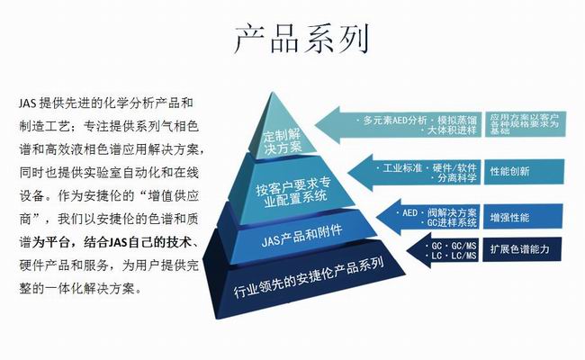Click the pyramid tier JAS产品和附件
(289, 238)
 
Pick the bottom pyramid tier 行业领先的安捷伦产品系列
(296, 279)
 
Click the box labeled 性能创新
(509, 171)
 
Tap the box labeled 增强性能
(509, 217)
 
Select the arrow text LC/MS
(456, 256)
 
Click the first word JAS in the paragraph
(26, 103)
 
